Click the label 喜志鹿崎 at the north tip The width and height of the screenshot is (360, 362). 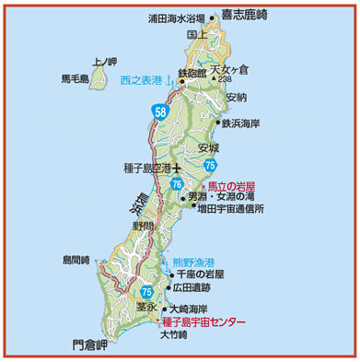click(x=243, y=15)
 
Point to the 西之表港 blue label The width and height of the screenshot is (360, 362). click(x=144, y=81)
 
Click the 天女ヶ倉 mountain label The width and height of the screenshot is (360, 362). click(x=230, y=69)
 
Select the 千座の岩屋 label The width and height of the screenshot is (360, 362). click(x=201, y=274)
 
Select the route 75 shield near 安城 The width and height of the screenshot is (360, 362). click(x=211, y=165)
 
